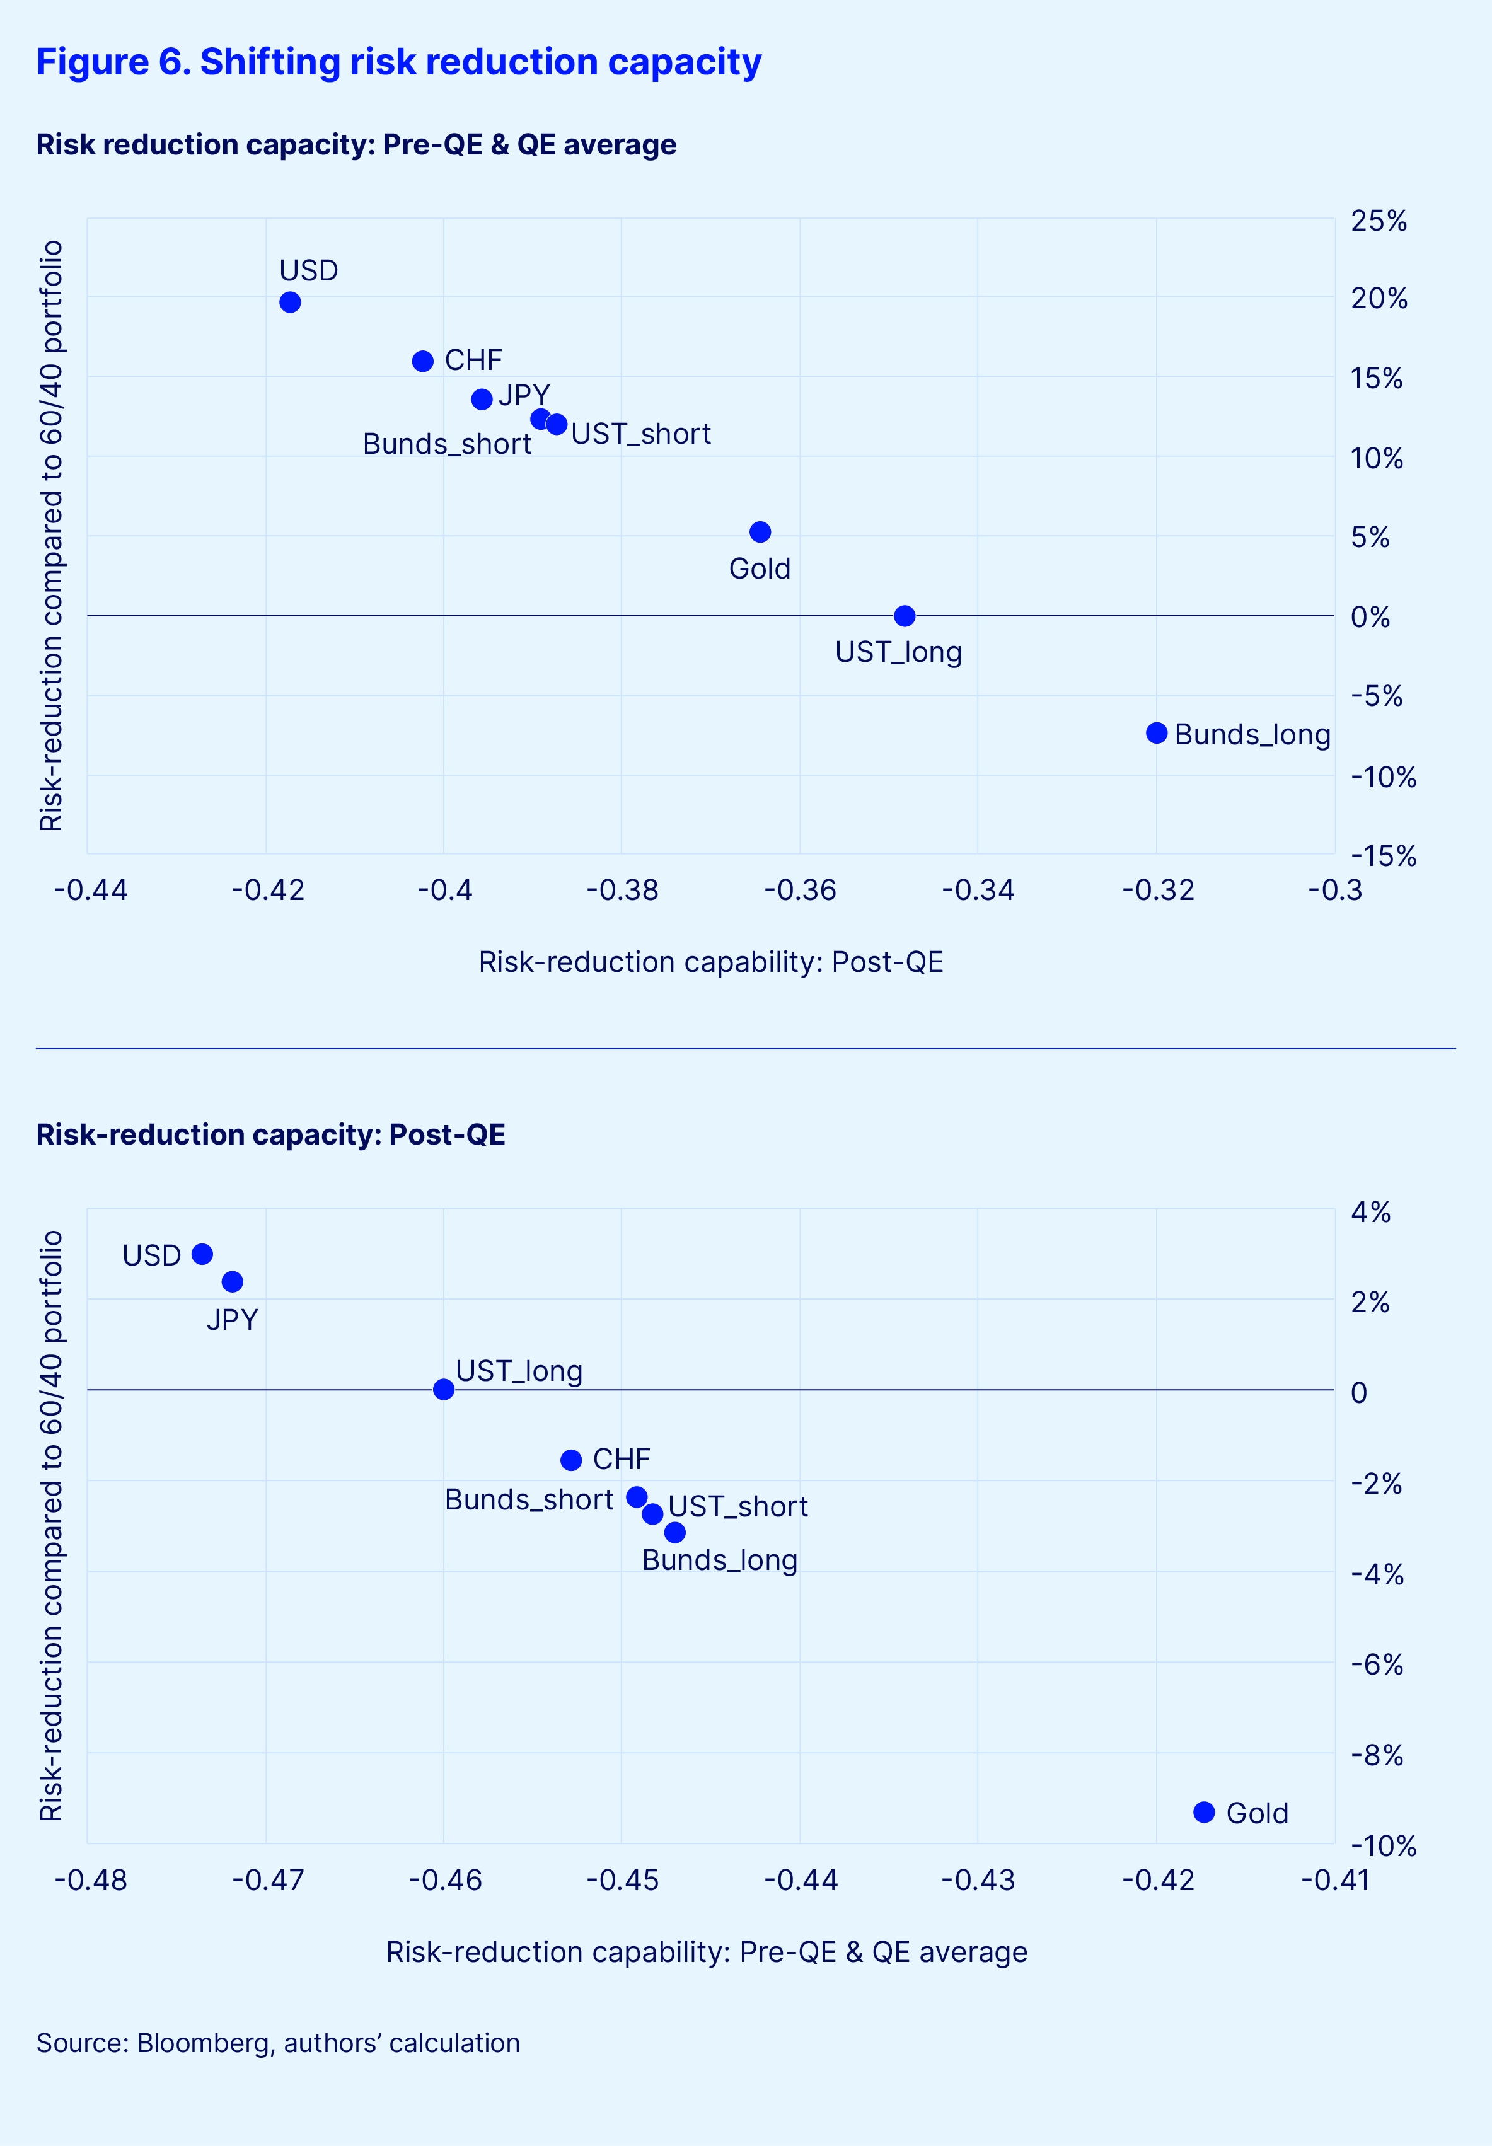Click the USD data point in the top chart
(x=291, y=302)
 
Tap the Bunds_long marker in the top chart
(x=1157, y=733)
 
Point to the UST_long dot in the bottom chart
(x=444, y=1389)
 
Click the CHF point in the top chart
(x=422, y=361)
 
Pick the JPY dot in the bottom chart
(x=233, y=1281)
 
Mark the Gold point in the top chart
(x=760, y=532)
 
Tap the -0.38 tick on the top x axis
(x=622, y=890)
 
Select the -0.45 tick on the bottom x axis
(x=622, y=1879)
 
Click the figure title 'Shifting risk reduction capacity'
(x=398, y=62)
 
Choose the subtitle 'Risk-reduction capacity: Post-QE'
(x=270, y=1134)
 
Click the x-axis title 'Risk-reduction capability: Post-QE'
(x=710, y=962)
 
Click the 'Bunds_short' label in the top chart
(x=447, y=444)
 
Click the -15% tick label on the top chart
(x=1382, y=856)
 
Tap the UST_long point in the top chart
(x=904, y=616)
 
